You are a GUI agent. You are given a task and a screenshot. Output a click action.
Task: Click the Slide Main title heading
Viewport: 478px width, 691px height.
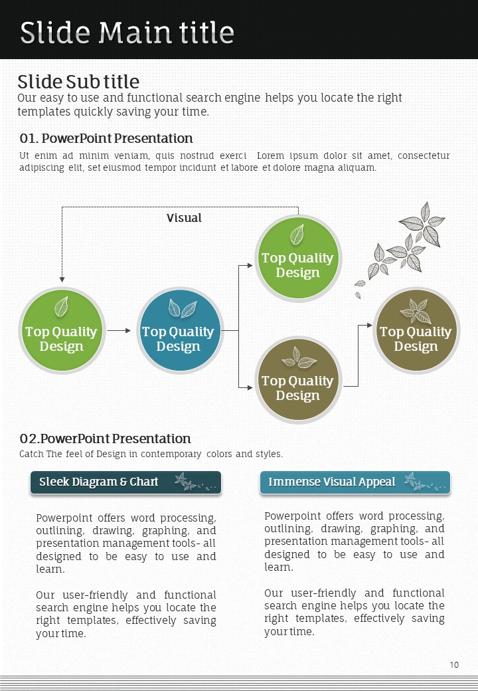click(127, 32)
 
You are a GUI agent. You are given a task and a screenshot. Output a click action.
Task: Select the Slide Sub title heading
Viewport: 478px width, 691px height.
click(78, 82)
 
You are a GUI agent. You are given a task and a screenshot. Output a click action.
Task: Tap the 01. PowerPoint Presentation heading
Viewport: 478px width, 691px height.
click(106, 138)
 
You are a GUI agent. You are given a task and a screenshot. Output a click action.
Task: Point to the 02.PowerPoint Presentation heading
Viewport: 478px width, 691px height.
click(105, 439)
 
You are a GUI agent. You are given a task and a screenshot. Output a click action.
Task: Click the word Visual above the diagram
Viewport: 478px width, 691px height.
click(184, 218)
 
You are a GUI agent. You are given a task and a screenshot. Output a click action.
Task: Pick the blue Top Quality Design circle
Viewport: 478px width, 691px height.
click(178, 330)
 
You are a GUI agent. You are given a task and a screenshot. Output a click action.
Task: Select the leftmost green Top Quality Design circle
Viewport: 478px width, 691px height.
click(61, 330)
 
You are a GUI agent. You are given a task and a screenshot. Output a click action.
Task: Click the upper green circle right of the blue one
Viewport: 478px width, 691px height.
click(297, 257)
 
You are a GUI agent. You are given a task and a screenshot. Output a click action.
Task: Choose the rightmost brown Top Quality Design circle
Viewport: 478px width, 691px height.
click(416, 330)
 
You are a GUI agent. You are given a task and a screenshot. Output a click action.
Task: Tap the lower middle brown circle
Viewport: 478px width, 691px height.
click(297, 379)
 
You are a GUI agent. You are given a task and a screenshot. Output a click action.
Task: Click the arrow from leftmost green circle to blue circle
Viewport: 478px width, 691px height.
click(119, 330)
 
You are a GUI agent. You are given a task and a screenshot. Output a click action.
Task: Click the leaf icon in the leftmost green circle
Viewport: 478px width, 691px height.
click(61, 306)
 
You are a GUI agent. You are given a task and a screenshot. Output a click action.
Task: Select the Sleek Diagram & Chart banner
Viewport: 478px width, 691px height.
click(125, 482)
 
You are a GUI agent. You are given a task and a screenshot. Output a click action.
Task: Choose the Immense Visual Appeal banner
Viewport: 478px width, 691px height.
click(355, 482)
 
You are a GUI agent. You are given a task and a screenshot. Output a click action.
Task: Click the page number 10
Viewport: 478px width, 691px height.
click(454, 664)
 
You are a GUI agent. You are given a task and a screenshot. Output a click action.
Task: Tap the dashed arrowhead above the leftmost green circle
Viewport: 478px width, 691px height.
click(62, 280)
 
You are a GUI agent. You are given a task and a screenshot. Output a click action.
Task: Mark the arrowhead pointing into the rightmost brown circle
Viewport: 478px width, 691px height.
click(370, 326)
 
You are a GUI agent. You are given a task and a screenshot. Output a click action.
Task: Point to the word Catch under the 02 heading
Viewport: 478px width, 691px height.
click(31, 454)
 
